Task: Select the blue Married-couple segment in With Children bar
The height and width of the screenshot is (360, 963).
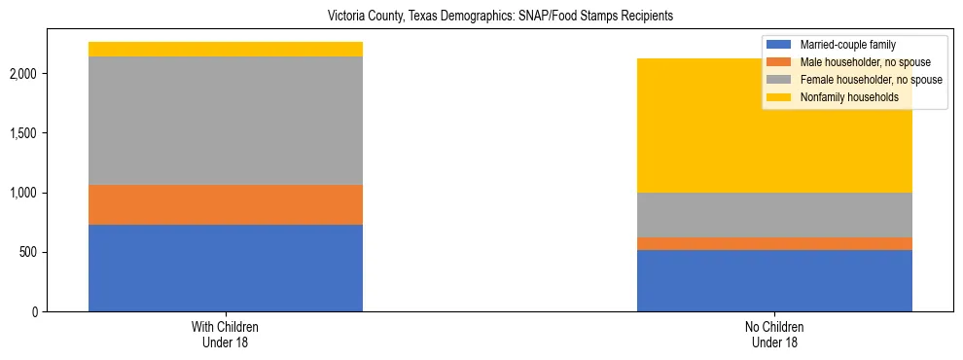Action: pos(226,268)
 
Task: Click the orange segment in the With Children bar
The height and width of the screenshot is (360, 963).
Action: pos(226,204)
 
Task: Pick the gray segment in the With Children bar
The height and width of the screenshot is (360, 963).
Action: pos(226,121)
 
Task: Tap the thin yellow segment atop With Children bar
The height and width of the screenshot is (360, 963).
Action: pos(226,49)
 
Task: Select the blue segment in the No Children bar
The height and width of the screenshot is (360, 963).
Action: pos(774,280)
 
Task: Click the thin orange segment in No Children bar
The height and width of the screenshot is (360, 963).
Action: pos(774,243)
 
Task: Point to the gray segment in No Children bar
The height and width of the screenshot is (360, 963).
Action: pos(774,215)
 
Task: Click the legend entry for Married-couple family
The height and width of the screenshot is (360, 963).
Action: pos(847,45)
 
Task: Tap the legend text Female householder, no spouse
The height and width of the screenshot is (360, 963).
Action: pos(871,80)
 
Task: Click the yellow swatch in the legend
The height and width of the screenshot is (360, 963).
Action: pos(779,97)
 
